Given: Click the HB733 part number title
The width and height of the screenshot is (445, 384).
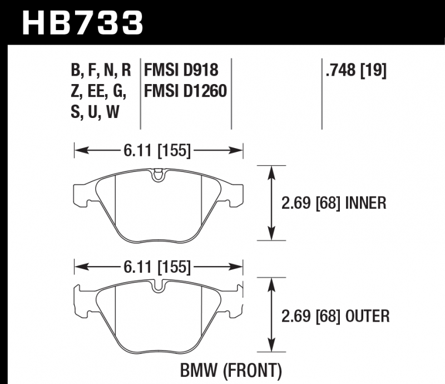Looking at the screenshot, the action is click(82, 22).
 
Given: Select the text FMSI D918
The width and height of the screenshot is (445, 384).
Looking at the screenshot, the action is click(181, 70).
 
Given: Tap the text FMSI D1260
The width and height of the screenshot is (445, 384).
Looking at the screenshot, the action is click(186, 91).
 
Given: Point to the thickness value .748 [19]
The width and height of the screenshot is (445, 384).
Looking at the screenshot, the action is click(356, 70).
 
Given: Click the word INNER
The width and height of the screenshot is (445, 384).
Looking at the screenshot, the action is click(366, 203).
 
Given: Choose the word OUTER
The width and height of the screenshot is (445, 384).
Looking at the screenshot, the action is click(368, 316).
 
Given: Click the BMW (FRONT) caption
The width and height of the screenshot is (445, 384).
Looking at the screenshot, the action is click(231, 371).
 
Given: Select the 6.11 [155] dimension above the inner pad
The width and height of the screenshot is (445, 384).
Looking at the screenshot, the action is click(157, 150).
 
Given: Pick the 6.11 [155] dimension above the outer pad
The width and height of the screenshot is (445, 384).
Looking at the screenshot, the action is click(157, 267).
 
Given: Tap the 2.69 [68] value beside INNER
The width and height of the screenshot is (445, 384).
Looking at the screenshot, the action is click(311, 203).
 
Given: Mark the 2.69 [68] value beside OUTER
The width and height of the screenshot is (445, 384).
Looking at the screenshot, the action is click(311, 317).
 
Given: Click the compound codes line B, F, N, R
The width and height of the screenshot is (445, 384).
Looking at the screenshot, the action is click(101, 71).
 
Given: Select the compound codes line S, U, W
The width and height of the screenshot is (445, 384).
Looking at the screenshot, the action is click(95, 112).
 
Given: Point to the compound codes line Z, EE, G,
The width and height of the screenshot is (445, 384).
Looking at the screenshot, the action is click(98, 91).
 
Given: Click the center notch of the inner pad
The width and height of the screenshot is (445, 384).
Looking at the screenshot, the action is click(158, 175).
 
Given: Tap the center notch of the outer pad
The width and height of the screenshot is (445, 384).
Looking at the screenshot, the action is click(158, 286).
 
